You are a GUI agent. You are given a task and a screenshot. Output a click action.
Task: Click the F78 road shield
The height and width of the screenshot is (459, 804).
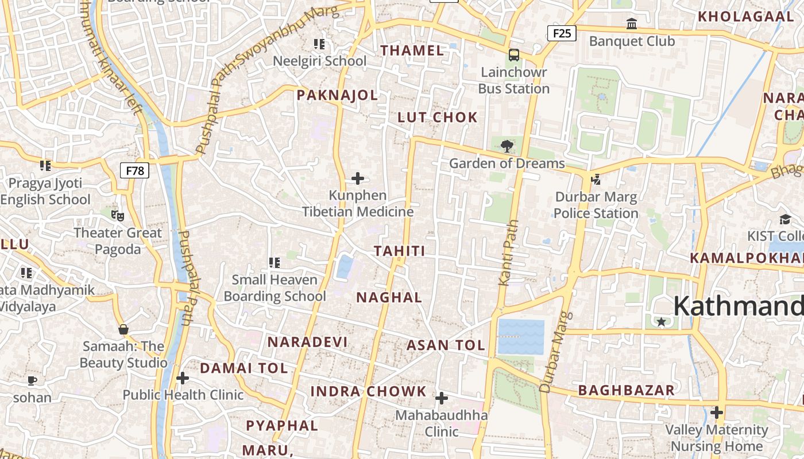point(134,170)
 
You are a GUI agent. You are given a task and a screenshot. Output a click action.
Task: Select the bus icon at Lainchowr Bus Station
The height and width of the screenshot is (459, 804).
point(514,55)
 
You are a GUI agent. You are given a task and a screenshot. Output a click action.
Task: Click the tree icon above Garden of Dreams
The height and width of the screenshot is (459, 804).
point(507,146)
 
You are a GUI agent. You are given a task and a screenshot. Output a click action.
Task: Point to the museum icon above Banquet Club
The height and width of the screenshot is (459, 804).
point(632,24)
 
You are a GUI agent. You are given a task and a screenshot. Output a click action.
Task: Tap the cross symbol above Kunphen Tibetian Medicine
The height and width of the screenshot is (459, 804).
point(358,178)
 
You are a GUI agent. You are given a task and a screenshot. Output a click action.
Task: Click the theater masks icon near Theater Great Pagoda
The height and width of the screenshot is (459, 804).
point(118,216)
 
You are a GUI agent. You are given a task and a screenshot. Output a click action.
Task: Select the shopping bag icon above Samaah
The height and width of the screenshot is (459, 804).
point(123,329)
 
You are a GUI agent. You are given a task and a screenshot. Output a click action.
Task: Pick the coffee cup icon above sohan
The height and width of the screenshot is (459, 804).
point(32,380)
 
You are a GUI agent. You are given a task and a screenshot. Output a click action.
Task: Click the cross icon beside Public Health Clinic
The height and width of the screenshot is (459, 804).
point(183,378)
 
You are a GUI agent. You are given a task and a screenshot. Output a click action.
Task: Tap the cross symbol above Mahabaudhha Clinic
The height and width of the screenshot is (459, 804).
point(442,398)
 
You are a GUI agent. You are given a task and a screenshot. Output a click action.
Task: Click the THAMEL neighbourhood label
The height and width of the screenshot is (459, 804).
point(412,50)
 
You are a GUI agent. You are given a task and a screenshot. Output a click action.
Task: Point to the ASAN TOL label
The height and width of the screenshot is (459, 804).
point(446,345)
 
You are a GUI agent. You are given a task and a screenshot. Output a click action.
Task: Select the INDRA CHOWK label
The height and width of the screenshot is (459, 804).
point(368,392)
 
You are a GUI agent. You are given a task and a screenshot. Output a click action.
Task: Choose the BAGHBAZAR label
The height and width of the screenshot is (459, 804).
point(626,391)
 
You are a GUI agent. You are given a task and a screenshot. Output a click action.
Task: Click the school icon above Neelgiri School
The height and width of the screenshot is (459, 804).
point(319,44)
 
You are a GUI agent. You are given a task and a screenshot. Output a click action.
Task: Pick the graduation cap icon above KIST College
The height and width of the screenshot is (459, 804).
point(785,219)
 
